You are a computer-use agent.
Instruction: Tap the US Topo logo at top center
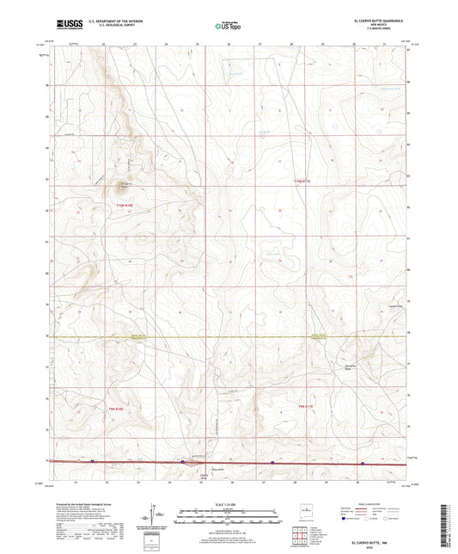pyautogui.click(x=227, y=26)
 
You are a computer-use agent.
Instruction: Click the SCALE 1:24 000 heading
pyautogui.click(x=229, y=503)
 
